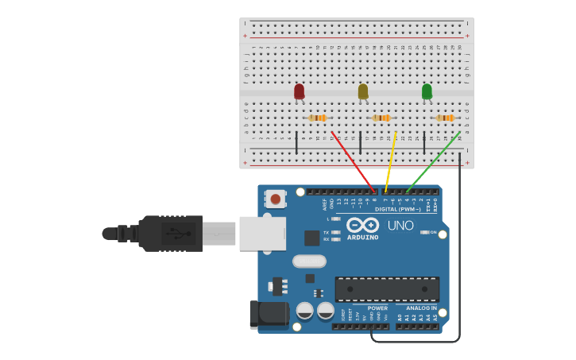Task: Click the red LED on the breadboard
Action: [299, 91]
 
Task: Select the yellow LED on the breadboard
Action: [363, 91]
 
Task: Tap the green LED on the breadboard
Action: [427, 91]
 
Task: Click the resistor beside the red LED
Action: [318, 118]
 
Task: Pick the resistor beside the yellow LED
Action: [381, 118]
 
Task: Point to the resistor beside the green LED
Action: [445, 118]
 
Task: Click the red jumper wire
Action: [354, 162]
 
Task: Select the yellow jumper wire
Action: [390, 162]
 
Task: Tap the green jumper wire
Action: [433, 162]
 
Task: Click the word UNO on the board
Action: [400, 226]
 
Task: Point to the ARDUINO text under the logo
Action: [362, 237]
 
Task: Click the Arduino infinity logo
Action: [362, 225]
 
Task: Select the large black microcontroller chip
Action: [387, 289]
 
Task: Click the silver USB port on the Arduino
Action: [262, 234]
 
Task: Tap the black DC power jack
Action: [269, 314]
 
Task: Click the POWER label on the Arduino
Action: [377, 308]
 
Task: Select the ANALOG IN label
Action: [421, 308]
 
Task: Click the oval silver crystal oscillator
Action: [309, 261]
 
